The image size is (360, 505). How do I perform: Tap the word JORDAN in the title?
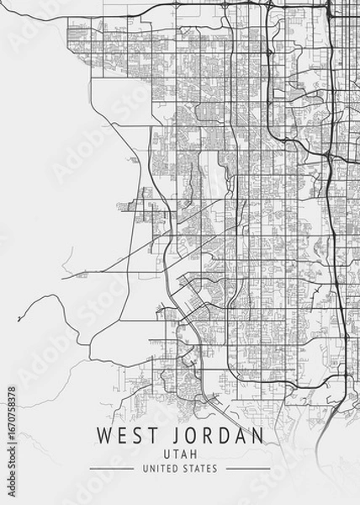215,436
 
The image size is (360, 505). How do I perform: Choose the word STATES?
200,468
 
